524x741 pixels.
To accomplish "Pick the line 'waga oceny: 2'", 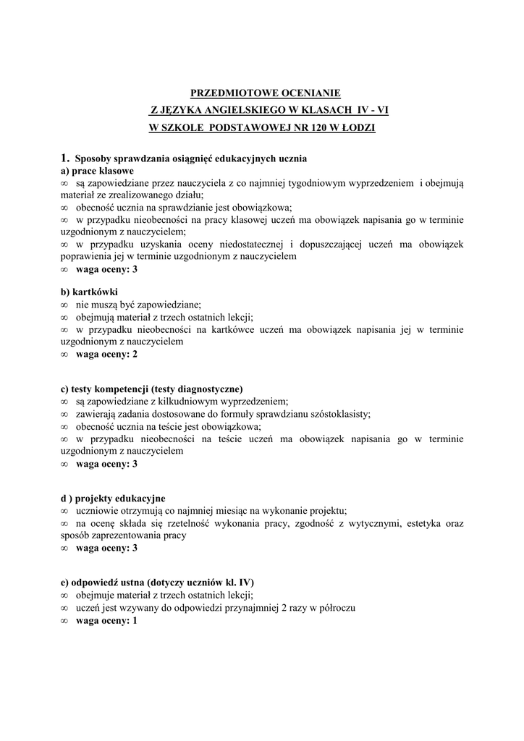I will (106, 355).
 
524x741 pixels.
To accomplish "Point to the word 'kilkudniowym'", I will (195, 402).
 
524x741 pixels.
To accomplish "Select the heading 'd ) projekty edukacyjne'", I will (113, 499).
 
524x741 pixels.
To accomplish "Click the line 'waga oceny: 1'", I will (106, 620).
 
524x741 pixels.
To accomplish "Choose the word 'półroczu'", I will (335, 608).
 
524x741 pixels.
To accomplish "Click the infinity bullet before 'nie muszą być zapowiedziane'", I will (64, 305).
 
